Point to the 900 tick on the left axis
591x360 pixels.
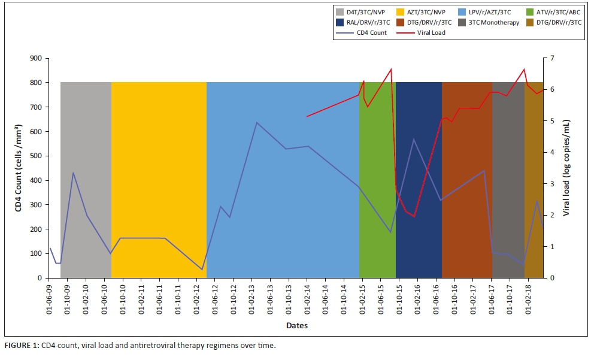[36, 58]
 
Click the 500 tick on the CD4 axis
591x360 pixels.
[36, 156]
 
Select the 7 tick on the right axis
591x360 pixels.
[553, 58]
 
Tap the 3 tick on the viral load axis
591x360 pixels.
[553, 184]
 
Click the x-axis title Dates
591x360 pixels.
[296, 326]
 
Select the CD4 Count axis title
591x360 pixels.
[19, 168]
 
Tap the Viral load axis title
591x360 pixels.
[566, 168]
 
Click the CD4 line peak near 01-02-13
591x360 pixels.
[257, 123]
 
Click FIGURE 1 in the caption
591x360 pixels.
[22, 346]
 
